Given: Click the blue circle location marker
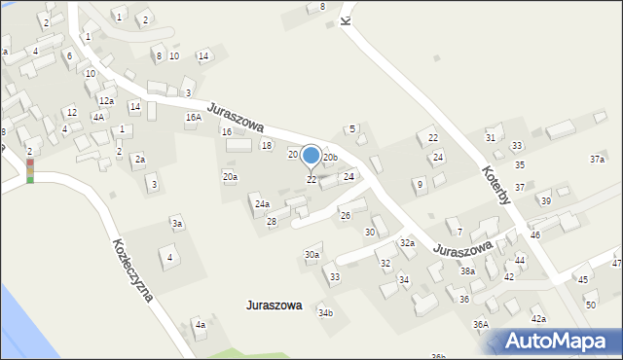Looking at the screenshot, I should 311,156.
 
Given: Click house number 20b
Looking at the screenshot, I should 330,158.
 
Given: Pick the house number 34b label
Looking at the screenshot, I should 325,313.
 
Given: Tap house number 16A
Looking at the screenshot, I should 194,118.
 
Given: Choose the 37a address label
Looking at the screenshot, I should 597,159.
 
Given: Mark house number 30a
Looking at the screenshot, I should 311,255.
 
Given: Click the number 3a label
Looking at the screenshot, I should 177,225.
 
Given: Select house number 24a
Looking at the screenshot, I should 262,204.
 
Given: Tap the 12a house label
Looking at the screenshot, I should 106,101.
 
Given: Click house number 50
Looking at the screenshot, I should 591,306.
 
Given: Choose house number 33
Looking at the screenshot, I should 335,277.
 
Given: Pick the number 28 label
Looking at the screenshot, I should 272,223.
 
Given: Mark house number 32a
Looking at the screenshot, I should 407,243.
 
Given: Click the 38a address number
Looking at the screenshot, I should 468,271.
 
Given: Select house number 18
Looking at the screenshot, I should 267,146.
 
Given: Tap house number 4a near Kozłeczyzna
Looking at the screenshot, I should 200,325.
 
